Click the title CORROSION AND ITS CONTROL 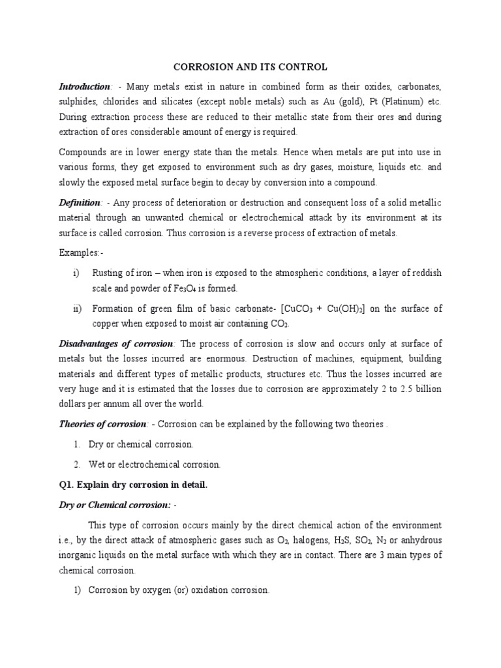click(x=250, y=67)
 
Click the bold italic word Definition click(x=80, y=203)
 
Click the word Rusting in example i click(x=108, y=272)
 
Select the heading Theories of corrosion click(x=102, y=424)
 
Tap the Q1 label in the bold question click(x=67, y=485)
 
